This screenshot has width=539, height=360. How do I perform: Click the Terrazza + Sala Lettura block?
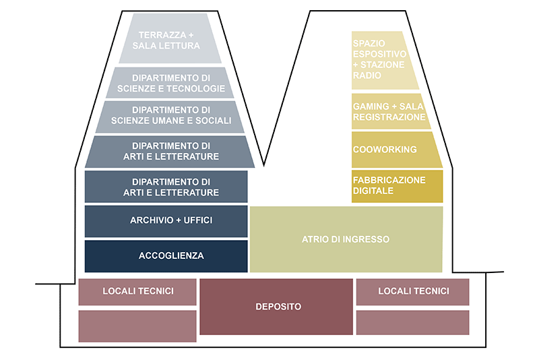tap(169, 40)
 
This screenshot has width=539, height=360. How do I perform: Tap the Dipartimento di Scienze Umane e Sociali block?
tap(169, 116)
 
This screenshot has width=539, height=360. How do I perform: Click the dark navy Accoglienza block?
tap(166, 256)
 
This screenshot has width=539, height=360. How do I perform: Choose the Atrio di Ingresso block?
tap(346, 239)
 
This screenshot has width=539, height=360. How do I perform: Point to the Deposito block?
tap(276, 307)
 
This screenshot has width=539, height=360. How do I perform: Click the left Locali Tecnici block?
tap(138, 291)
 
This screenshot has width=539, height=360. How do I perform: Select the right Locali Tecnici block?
tap(412, 291)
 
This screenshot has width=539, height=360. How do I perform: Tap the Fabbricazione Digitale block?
tap(397, 186)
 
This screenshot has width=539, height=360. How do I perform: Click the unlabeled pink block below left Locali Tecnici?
tap(137, 326)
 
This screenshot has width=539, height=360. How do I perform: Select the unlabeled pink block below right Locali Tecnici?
tap(412, 323)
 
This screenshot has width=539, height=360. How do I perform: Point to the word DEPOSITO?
tap(278, 307)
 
